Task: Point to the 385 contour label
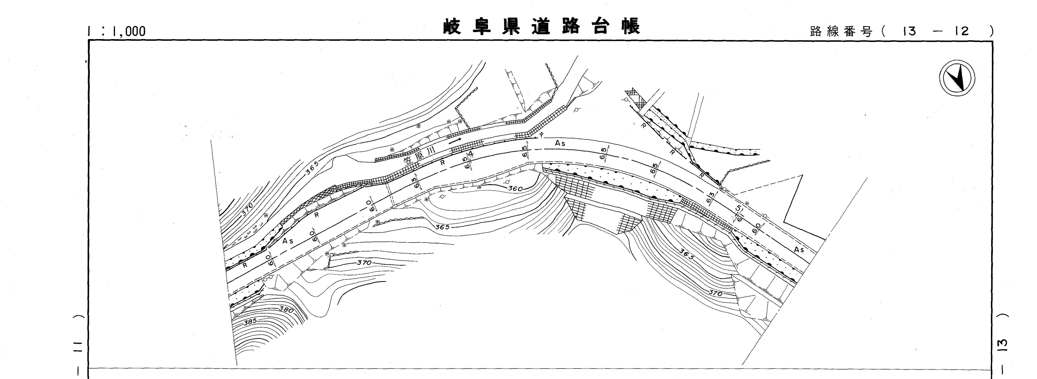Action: (x=250, y=322)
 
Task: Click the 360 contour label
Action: (x=515, y=188)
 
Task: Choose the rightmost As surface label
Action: (x=799, y=250)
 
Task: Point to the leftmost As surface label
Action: (x=288, y=241)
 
